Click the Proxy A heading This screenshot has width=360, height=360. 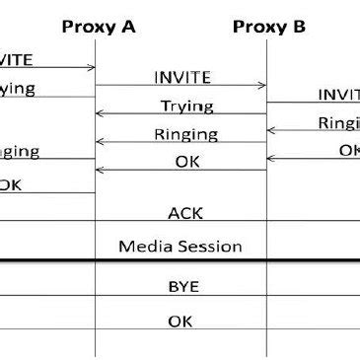(x=99, y=27)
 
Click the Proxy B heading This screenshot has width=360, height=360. (x=269, y=27)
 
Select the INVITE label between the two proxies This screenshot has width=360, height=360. (x=182, y=76)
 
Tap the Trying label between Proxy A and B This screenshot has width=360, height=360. (x=181, y=106)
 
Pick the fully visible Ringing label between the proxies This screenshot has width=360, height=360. (x=181, y=135)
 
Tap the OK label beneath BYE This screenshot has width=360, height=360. (x=181, y=321)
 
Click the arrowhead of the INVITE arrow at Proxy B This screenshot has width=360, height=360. (x=264, y=85)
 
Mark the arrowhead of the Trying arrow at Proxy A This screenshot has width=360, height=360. (x=100, y=114)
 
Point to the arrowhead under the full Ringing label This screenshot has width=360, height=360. (x=100, y=143)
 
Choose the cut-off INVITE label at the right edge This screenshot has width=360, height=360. (x=338, y=95)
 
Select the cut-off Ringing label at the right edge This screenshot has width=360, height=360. (x=338, y=123)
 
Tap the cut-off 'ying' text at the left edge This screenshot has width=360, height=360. (x=17, y=89)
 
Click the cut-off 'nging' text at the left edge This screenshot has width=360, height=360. (x=19, y=151)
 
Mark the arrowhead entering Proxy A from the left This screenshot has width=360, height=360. (x=92, y=67)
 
